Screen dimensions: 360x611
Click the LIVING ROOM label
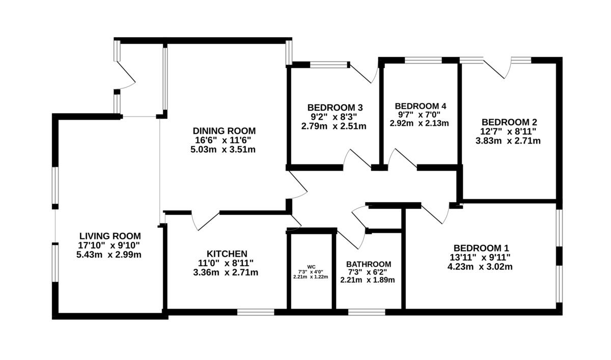point(109,236)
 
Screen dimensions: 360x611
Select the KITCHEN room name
point(227,254)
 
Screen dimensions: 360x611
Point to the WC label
point(311,266)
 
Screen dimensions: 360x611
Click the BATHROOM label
point(369,264)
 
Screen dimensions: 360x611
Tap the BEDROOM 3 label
point(335,107)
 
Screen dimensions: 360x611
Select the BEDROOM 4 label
point(421,106)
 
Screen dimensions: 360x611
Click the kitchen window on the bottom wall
point(256,312)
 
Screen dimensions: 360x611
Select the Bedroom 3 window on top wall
point(328,65)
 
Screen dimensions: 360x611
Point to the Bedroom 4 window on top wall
point(423,61)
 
